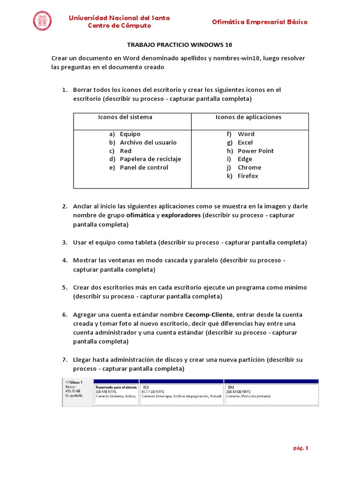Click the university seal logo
[43, 22]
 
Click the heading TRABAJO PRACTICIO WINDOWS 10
[180, 45]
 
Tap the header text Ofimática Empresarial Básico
[260, 22]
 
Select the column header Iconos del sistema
[125, 117]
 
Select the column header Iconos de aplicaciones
[248, 117]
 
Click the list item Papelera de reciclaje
[150, 159]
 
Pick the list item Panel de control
[144, 167]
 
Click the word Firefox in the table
[247, 176]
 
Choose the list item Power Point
[255, 151]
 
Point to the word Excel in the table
[245, 142]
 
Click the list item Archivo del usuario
[148, 142]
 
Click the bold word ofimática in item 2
[140, 215]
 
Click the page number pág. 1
[300, 448]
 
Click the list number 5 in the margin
[65, 287]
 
